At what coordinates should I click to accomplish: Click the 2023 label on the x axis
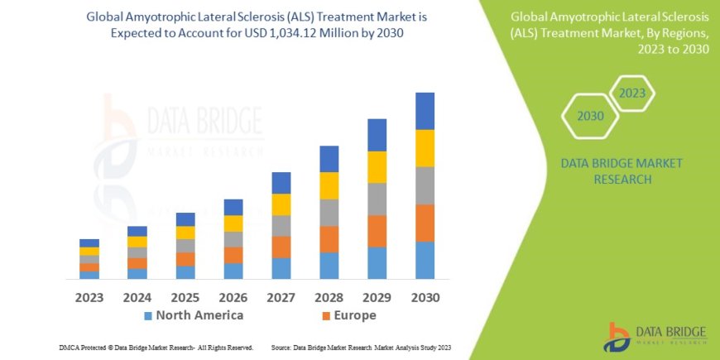pos(89,296)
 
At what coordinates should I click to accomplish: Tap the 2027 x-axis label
pos(281,296)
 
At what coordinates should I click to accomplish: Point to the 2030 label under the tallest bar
pos(425,296)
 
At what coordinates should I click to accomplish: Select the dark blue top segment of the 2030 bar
pos(425,111)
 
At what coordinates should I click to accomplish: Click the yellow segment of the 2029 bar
pos(377,167)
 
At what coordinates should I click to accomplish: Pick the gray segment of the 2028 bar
pos(329,213)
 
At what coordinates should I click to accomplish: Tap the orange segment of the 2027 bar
pos(281,247)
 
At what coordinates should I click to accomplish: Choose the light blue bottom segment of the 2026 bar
pos(233,271)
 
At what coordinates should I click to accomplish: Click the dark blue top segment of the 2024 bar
pos(137,231)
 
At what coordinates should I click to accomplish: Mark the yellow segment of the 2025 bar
pos(185,233)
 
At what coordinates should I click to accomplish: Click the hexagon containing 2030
pos(590,116)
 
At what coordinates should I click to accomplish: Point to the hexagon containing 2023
pos(631,94)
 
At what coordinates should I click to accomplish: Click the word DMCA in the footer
pos(70,347)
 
